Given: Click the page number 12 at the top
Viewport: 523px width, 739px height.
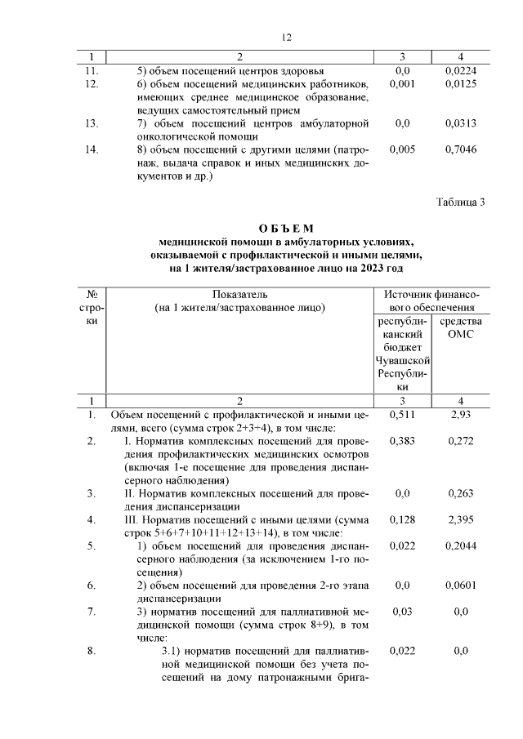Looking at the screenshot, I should tap(286, 38).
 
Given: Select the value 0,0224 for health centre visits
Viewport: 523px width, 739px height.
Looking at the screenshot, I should tap(461, 70).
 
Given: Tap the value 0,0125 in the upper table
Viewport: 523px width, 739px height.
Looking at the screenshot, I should tap(461, 83).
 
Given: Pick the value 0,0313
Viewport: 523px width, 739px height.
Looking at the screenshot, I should tap(461, 123).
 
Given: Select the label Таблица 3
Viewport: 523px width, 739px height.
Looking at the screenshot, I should tap(460, 203).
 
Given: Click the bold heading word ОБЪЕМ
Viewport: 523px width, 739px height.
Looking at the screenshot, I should tap(286, 228).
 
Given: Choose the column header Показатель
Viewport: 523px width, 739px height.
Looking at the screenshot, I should tap(240, 294).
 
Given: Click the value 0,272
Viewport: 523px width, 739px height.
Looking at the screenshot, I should tap(461, 441).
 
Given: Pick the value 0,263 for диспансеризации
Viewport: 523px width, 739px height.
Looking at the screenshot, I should tap(461, 493).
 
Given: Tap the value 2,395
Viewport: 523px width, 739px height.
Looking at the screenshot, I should tap(461, 519).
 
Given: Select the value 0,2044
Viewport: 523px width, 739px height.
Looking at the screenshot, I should tap(461, 545).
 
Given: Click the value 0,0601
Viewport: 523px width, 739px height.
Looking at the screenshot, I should tap(461, 585).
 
